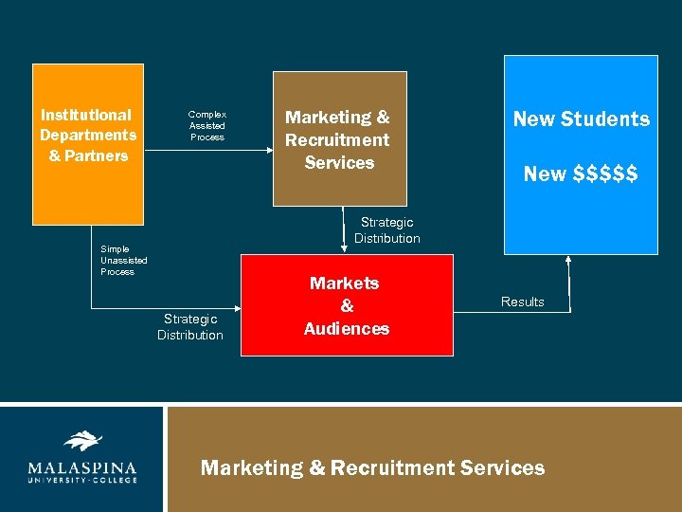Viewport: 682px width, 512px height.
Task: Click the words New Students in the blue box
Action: pos(581,119)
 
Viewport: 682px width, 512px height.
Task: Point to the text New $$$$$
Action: pos(581,174)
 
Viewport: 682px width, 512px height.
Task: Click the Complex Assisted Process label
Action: pos(207,125)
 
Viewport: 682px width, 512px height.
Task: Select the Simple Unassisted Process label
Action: pos(124,261)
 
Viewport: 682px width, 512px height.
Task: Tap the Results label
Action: pos(523,302)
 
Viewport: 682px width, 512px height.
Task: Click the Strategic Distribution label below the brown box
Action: pos(387,230)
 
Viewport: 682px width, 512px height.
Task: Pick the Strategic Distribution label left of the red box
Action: pos(190,327)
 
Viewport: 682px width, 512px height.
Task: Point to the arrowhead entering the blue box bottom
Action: pos(568,259)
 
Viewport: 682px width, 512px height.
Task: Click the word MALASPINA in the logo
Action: pos(81,467)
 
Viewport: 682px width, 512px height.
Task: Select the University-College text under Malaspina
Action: pos(81,480)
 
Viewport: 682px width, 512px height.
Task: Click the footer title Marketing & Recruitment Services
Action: pos(372,467)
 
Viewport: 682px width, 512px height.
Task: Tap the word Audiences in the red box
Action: pos(347,329)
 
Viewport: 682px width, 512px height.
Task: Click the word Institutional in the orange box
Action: pos(86,115)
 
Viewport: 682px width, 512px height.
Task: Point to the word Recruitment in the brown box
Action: pos(337,140)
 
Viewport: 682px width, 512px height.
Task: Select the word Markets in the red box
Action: pos(345,283)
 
